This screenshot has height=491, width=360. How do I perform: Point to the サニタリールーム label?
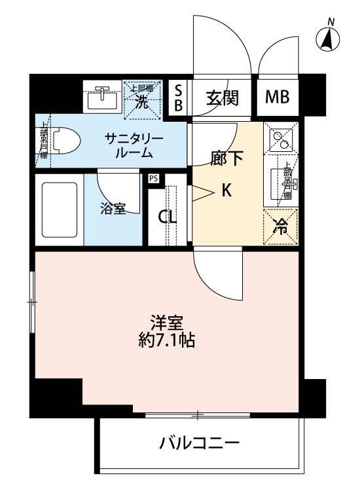click(x=134, y=146)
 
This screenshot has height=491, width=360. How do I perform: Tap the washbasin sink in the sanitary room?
click(x=101, y=99)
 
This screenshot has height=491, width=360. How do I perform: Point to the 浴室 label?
click(x=113, y=209)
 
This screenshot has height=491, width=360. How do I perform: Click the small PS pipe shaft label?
click(x=154, y=178)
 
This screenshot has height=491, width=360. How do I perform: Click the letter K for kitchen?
click(x=226, y=191)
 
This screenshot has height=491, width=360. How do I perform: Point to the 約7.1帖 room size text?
click(x=166, y=341)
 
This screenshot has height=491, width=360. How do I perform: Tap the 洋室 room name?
click(x=166, y=323)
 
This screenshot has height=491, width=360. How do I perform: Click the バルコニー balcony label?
click(x=200, y=445)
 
